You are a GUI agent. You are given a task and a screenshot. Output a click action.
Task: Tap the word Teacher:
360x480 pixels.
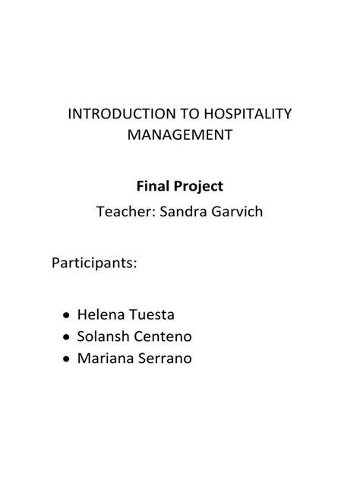125,212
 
